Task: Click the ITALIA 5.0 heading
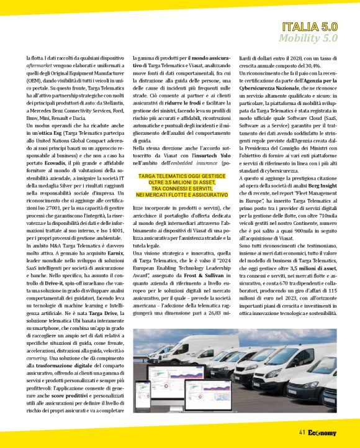point(309,27)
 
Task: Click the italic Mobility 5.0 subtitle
point(308,39)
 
